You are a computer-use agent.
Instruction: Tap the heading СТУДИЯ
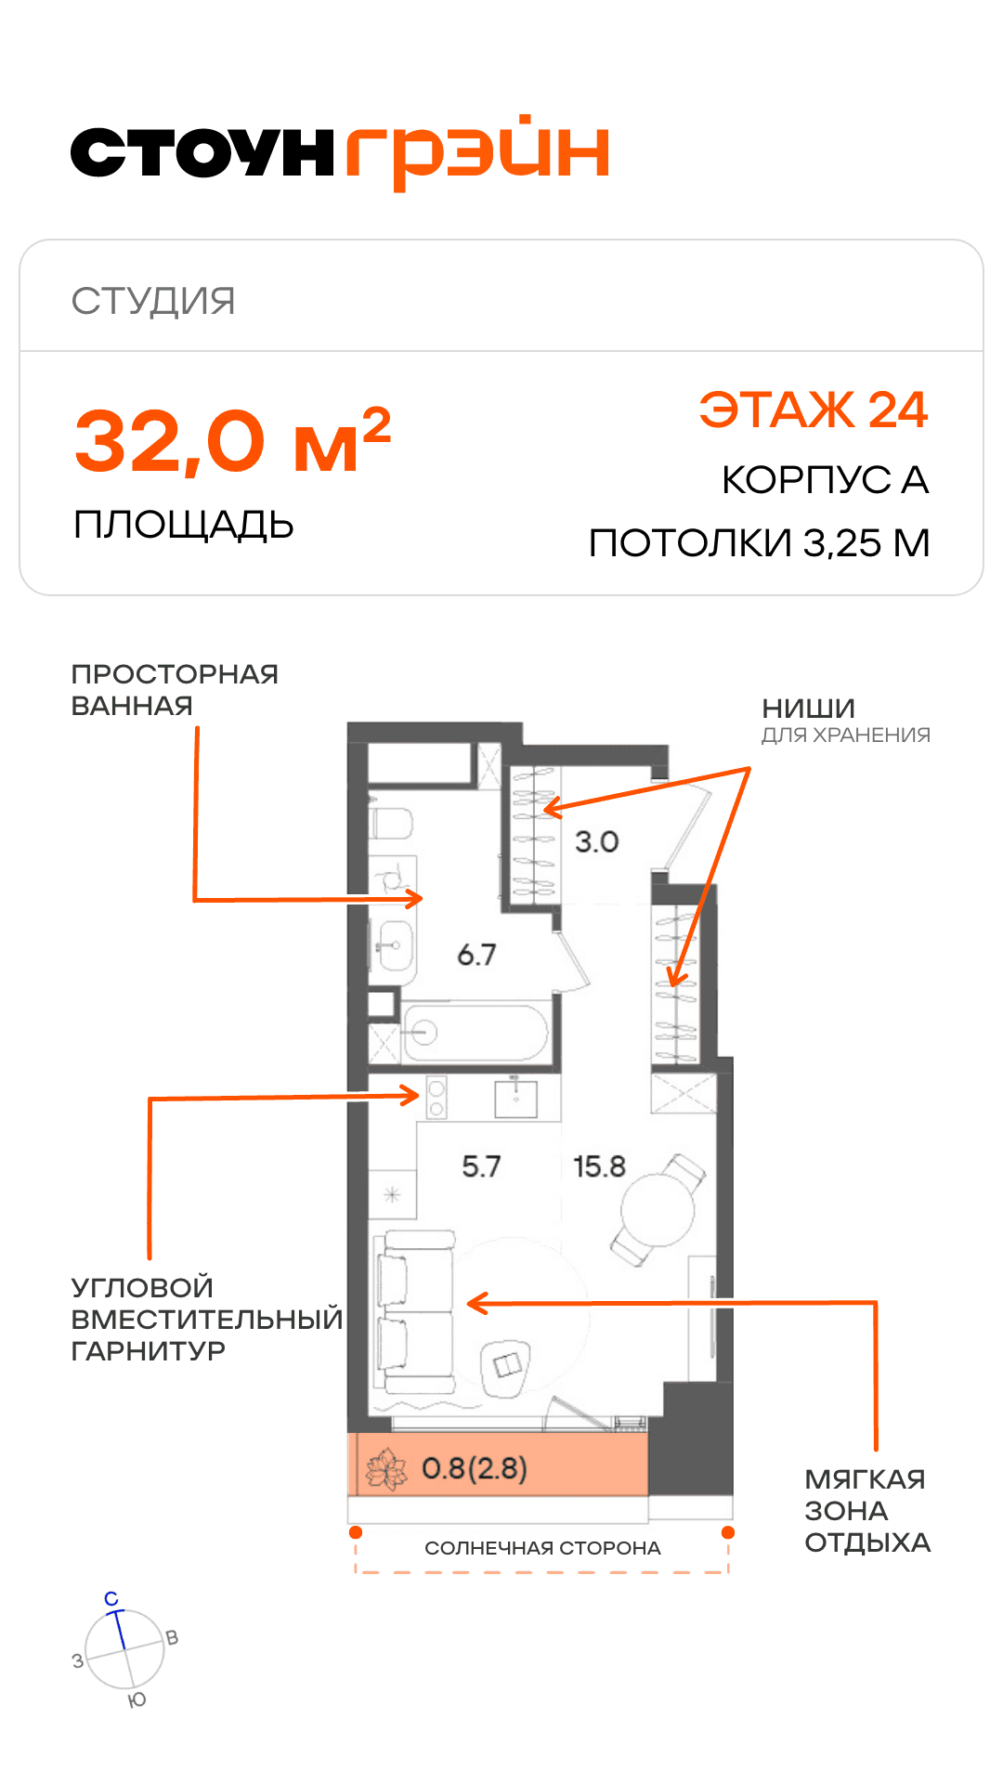(153, 301)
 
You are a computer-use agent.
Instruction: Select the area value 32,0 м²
(232, 441)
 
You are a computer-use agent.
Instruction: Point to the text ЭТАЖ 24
(814, 410)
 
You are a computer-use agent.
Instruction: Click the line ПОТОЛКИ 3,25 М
(760, 543)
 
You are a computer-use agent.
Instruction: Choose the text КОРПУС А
(826, 480)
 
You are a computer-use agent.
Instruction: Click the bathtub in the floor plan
(475, 1033)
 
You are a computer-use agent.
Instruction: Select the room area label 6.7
(476, 955)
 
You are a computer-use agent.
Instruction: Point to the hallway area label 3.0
(596, 842)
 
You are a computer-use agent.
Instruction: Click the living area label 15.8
(599, 1166)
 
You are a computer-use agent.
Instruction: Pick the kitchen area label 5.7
(481, 1166)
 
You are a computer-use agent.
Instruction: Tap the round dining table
(658, 1210)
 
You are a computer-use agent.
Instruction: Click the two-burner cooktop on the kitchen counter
(436, 1097)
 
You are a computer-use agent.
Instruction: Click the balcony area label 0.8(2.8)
(475, 1468)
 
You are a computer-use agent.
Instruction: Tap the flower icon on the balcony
(386, 1470)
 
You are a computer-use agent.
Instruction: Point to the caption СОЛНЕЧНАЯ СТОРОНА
(542, 1548)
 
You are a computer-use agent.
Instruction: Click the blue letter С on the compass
(111, 1599)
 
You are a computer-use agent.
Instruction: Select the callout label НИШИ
(808, 709)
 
